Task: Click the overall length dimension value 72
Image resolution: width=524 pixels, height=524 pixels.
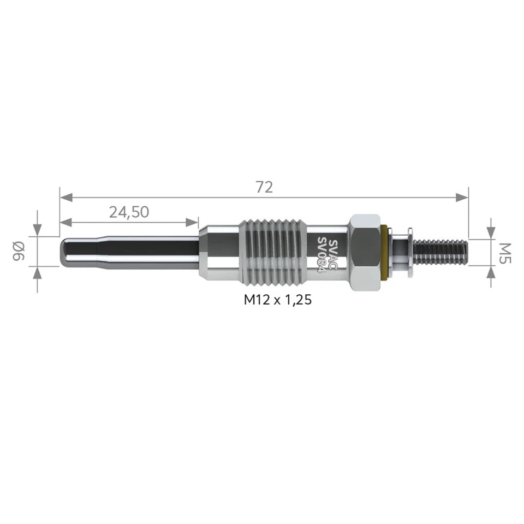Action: point(264,187)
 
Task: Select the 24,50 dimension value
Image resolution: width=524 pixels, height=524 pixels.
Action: point(129,212)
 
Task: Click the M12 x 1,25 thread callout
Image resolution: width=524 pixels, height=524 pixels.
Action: point(278,300)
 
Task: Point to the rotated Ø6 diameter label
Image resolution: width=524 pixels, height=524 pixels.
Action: point(19,252)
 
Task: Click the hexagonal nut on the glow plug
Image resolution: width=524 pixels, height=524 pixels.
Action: point(365,252)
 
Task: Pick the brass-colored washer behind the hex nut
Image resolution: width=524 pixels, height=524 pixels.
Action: point(386,252)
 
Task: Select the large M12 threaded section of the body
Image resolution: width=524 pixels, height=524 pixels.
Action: point(271,252)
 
